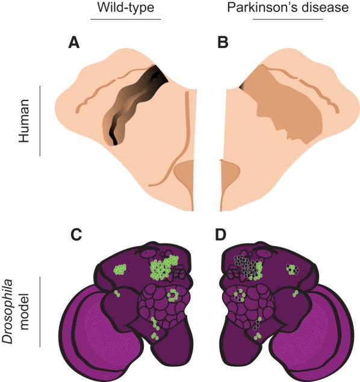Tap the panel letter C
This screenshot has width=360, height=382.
click(76, 235)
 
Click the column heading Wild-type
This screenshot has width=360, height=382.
click(126, 8)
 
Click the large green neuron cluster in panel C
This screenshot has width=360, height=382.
click(163, 267)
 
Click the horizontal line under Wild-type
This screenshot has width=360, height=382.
click(126, 19)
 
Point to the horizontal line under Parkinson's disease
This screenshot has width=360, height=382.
click(288, 19)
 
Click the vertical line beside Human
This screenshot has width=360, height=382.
click(40, 121)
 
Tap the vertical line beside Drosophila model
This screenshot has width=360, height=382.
click(40, 312)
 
